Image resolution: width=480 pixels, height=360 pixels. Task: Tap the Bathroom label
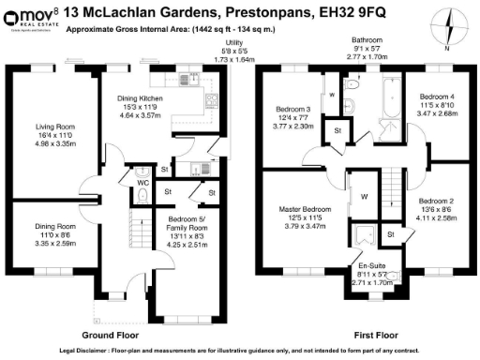pos(367,41)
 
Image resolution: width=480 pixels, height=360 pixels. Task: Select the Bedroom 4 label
pos(436,97)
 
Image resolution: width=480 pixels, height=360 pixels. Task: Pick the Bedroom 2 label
pos(436,202)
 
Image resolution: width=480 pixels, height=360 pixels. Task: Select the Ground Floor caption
pos(110,334)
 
